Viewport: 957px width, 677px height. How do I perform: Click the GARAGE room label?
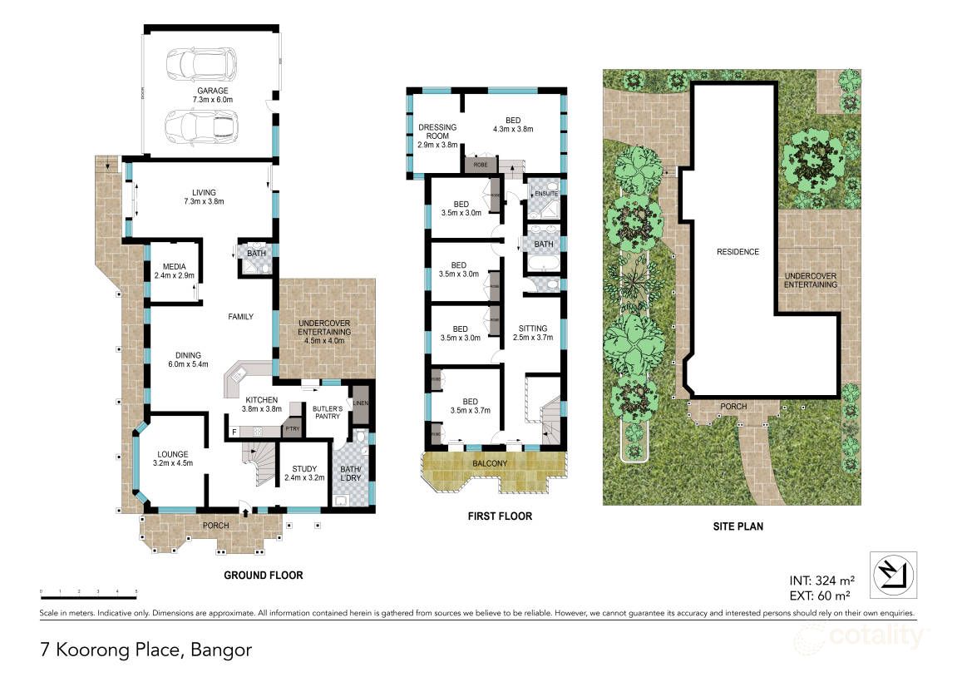pyautogui.click(x=212, y=96)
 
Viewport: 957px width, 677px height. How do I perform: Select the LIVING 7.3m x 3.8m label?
pyautogui.click(x=203, y=197)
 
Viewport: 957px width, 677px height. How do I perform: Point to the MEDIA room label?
pyautogui.click(x=175, y=271)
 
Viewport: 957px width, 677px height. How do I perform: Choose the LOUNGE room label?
pyautogui.click(x=175, y=458)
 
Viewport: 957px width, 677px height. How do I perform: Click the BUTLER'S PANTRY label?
pyautogui.click(x=327, y=413)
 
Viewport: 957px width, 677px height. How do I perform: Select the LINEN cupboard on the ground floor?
pyautogui.click(x=360, y=404)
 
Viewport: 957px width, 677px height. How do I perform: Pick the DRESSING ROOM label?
pyautogui.click(x=437, y=135)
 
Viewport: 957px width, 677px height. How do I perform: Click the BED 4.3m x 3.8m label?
pyautogui.click(x=512, y=124)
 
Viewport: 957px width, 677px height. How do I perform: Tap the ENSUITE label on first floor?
pyautogui.click(x=545, y=193)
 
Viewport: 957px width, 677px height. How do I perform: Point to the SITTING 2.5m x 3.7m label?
pyautogui.click(x=532, y=333)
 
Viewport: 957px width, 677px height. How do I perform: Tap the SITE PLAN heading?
pyautogui.click(x=732, y=526)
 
